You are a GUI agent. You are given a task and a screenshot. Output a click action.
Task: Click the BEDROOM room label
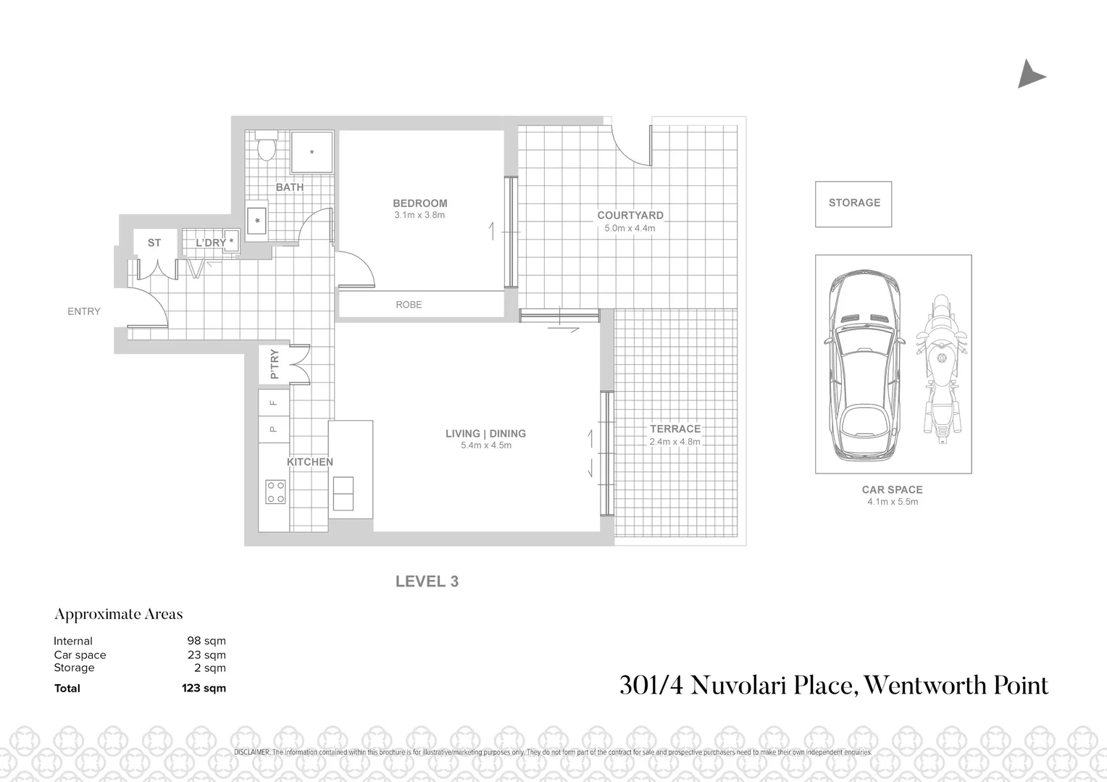(419, 203)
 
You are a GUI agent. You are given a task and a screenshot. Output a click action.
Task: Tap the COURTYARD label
(630, 215)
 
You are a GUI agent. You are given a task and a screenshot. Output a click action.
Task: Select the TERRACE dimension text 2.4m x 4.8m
(674, 442)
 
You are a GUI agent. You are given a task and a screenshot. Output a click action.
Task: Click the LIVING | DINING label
(485, 434)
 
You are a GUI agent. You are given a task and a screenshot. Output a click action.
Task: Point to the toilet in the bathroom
(267, 146)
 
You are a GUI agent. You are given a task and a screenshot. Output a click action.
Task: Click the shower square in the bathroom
(312, 152)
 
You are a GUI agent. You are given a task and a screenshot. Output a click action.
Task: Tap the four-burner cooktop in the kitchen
(275, 492)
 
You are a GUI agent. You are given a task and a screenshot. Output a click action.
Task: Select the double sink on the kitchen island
(343, 494)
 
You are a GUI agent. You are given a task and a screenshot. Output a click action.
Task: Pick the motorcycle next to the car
(940, 369)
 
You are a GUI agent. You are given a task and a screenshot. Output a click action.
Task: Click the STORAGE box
(853, 203)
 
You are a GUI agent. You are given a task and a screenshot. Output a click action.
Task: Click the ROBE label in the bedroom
(409, 305)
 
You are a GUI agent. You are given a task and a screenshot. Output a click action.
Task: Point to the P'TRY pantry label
(274, 364)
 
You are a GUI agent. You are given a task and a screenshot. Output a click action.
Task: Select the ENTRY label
(84, 311)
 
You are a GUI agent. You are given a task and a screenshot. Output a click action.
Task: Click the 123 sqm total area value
(204, 689)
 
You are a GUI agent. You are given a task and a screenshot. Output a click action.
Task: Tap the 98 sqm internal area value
(206, 641)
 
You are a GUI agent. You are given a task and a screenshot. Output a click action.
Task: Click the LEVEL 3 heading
(427, 581)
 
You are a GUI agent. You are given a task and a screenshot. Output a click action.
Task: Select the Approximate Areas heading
(119, 614)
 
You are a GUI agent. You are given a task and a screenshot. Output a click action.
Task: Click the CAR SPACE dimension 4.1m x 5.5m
(892, 502)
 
